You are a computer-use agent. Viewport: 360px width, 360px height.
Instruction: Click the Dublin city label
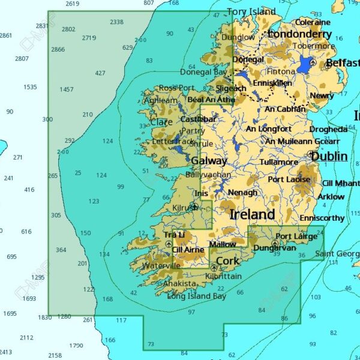[329, 156]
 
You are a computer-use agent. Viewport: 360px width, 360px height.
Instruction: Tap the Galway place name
[209, 161]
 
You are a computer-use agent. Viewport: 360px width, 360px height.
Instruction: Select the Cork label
[227, 261]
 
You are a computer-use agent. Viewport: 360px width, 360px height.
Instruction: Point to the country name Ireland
[252, 214]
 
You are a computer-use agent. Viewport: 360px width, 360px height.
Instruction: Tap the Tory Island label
[251, 11]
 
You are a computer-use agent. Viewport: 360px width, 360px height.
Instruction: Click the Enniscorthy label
[322, 218]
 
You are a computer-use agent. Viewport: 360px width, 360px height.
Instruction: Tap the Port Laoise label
[289, 179]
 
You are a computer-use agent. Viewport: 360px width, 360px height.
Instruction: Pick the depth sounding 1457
[67, 89]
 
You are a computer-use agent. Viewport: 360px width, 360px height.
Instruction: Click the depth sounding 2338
[116, 22]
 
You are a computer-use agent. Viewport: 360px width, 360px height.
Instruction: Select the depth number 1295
[38, 277]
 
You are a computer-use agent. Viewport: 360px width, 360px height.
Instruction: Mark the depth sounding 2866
[58, 49]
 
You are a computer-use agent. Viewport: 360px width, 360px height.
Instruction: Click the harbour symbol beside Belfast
[313, 62]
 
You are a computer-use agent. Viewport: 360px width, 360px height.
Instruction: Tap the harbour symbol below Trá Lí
[169, 244]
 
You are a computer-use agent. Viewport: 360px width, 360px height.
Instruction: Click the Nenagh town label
[242, 193]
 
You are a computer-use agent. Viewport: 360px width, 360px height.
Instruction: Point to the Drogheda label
[328, 129]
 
